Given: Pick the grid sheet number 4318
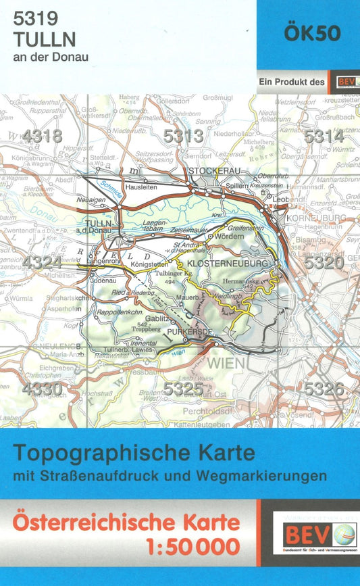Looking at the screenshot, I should tap(42, 137).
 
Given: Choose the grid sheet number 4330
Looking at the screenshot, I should tap(42, 389).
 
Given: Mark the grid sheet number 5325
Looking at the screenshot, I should tap(183, 389).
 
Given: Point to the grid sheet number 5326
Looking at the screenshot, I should tap(324, 389).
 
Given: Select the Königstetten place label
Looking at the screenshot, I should tap(151, 264).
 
